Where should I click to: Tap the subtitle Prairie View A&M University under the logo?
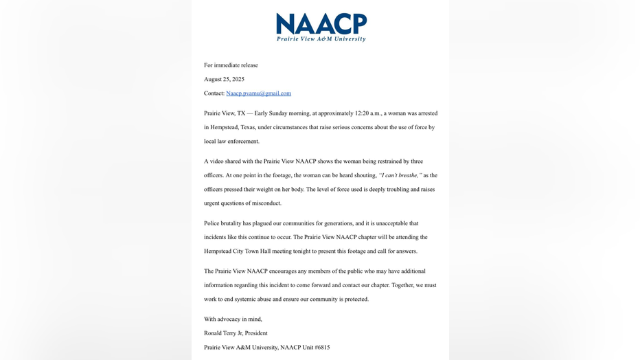pyautogui.click(x=321, y=39)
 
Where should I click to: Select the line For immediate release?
pyautogui.click(x=231, y=65)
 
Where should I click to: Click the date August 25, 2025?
pyautogui.click(x=224, y=80)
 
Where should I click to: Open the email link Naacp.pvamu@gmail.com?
pyautogui.click(x=258, y=93)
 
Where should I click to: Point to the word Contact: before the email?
pyautogui.click(x=214, y=93)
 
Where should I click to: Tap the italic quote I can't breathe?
pyautogui.click(x=400, y=175)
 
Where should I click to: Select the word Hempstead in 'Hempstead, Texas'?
pyautogui.click(x=219, y=128)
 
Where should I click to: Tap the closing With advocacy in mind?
pyautogui.click(x=233, y=319)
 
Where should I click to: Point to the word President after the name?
pyautogui.click(x=256, y=333)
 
